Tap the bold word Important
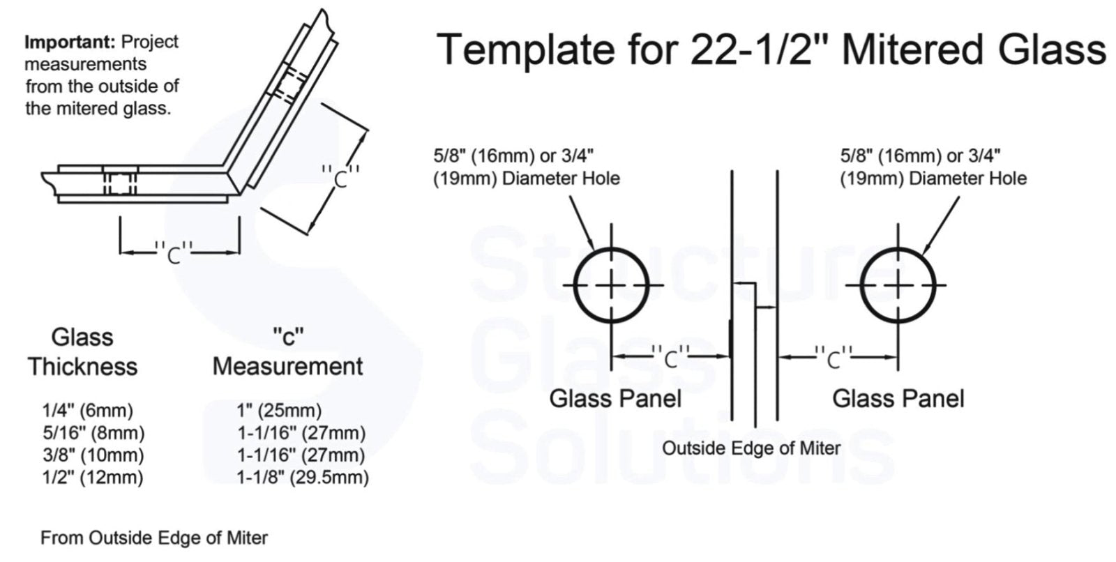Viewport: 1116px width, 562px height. coord(69,42)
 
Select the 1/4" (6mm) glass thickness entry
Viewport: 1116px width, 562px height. coord(88,411)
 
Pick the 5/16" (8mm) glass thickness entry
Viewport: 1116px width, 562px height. coord(93,433)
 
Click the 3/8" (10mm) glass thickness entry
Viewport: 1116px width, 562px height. coord(93,455)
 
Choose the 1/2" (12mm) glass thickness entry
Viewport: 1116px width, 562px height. coord(93,478)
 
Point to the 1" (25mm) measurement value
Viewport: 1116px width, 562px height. coord(279,411)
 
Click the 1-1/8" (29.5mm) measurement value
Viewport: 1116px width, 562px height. coord(303,478)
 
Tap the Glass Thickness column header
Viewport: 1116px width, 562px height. coord(83,352)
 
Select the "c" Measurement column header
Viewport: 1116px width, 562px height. coord(288,352)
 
